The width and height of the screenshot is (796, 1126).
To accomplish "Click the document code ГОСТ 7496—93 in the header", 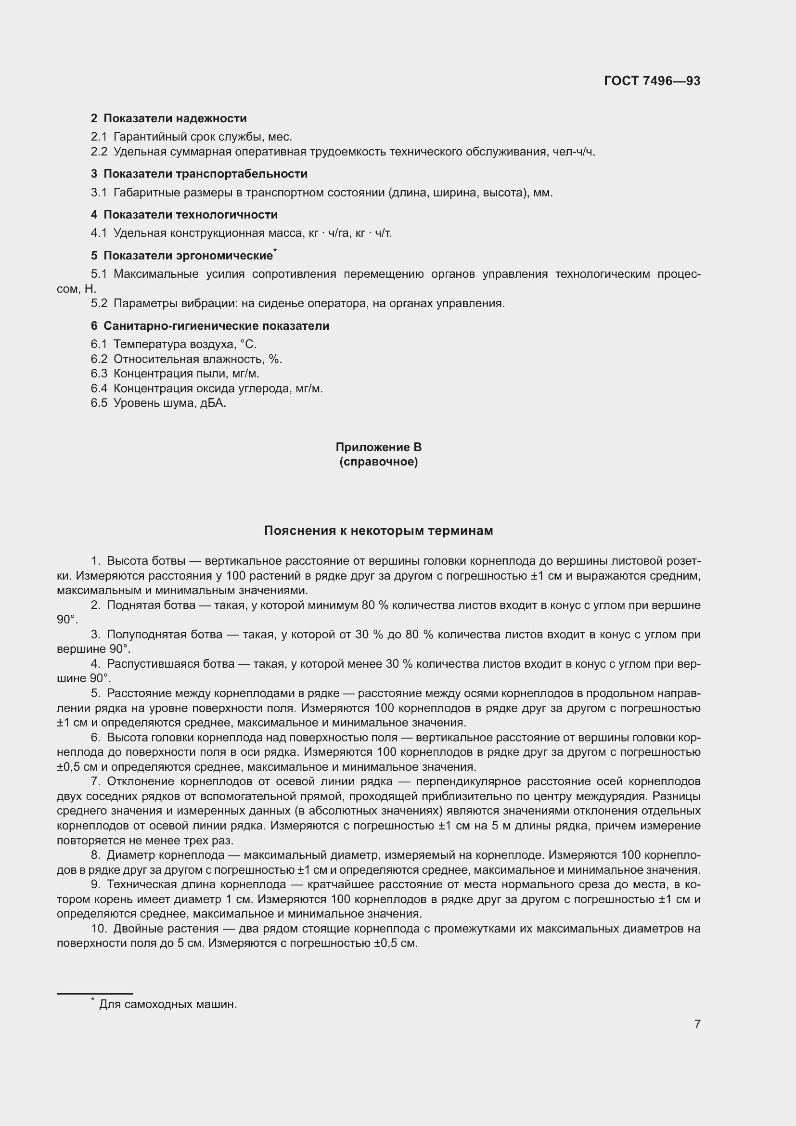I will click(x=652, y=81).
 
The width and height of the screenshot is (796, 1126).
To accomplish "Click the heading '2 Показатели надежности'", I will click(x=168, y=118).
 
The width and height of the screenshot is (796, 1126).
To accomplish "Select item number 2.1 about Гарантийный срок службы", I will click(x=99, y=137).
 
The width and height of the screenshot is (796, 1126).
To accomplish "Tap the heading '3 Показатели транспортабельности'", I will click(x=199, y=174).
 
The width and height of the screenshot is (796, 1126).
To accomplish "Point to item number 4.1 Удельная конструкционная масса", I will click(x=99, y=233).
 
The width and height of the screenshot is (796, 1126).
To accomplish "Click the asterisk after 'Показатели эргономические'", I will click(x=275, y=251).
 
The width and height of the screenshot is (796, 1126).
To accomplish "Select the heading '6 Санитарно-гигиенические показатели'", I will click(x=210, y=325).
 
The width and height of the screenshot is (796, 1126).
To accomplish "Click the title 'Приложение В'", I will click(x=378, y=447).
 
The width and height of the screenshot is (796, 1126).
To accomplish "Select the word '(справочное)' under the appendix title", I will click(x=378, y=462).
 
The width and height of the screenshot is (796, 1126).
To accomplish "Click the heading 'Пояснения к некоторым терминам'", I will click(x=378, y=531).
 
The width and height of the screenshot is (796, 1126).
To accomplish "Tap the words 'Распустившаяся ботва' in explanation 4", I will click(x=170, y=664).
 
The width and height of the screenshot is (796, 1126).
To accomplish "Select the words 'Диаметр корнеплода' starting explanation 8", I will click(x=166, y=855).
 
